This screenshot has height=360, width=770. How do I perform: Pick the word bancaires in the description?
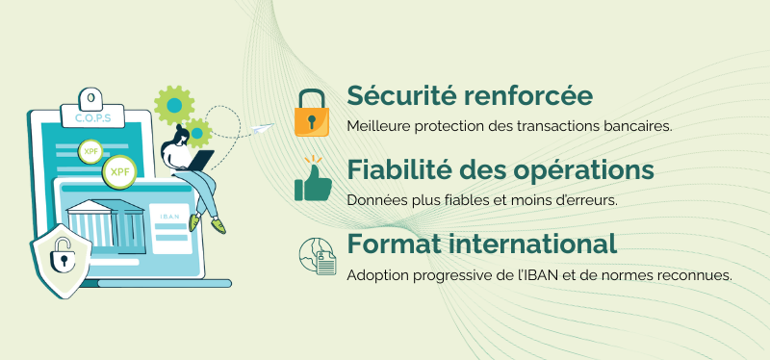point(639,126)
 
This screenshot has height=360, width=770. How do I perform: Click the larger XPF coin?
point(119,172)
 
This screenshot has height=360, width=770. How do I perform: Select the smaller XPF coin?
point(90,152)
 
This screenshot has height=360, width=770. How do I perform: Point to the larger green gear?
point(173,104)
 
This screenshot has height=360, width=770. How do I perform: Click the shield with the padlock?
point(61,258)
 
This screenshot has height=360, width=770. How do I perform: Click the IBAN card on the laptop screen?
point(169,227)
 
